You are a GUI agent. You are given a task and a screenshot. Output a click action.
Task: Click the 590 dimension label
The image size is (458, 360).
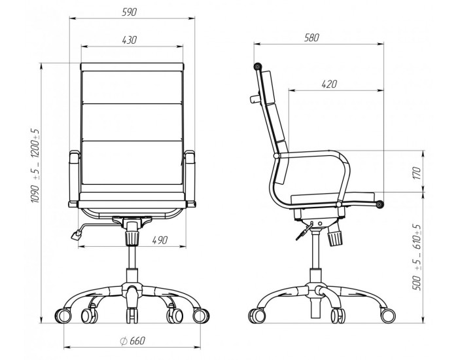[129, 12]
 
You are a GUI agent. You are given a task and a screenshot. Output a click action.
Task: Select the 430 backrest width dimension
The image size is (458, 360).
[130, 40]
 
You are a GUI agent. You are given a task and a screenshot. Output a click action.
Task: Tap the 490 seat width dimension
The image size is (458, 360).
[160, 240]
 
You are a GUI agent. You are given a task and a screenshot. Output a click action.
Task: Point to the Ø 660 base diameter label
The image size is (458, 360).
[132, 341]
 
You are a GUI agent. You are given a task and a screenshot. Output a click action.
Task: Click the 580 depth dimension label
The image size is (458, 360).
[311, 38]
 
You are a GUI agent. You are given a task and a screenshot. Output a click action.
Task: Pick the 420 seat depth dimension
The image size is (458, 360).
[329, 84]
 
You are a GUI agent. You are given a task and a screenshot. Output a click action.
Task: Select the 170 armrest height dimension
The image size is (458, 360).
[417, 173]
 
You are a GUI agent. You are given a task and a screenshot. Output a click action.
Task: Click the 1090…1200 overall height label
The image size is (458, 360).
[35, 166]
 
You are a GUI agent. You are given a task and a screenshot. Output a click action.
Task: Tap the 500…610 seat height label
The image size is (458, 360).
[417, 257]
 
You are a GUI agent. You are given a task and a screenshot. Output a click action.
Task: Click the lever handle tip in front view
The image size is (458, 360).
[77, 234]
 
